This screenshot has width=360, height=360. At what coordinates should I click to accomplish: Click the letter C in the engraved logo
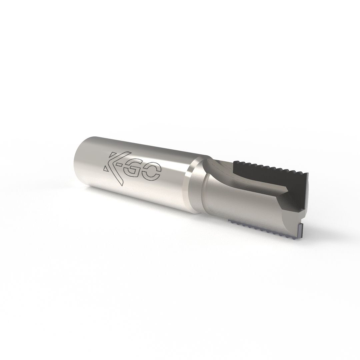point(152,173)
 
